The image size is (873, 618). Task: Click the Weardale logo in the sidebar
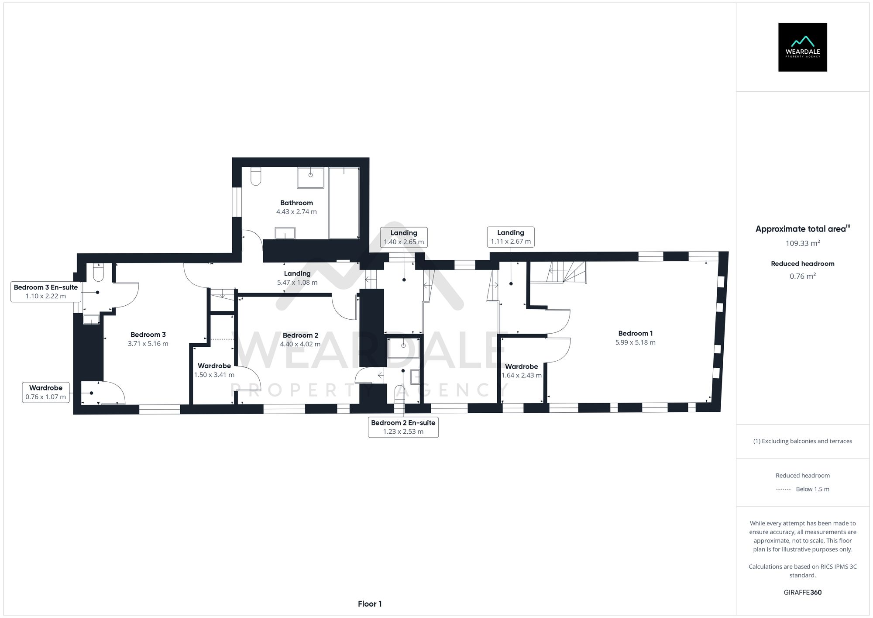click(x=802, y=47)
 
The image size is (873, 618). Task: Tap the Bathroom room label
click(x=296, y=203)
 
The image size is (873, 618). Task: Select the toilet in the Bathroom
click(x=256, y=176)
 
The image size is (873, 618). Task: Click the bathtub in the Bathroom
click(x=344, y=203)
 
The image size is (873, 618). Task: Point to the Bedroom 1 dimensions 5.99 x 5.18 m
click(x=635, y=343)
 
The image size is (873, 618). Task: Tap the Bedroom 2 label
click(x=300, y=335)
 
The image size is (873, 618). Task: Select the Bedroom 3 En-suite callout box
click(x=46, y=292)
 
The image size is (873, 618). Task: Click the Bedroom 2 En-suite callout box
click(x=403, y=427)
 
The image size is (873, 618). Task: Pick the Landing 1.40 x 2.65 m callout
click(x=404, y=237)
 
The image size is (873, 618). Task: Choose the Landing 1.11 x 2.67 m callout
click(x=510, y=237)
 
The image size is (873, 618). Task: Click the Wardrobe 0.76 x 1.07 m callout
click(x=46, y=392)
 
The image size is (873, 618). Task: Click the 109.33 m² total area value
click(x=802, y=244)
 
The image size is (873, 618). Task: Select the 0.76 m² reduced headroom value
click(x=802, y=276)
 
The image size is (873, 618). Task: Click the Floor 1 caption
click(x=370, y=604)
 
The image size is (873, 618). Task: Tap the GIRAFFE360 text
click(x=802, y=593)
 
